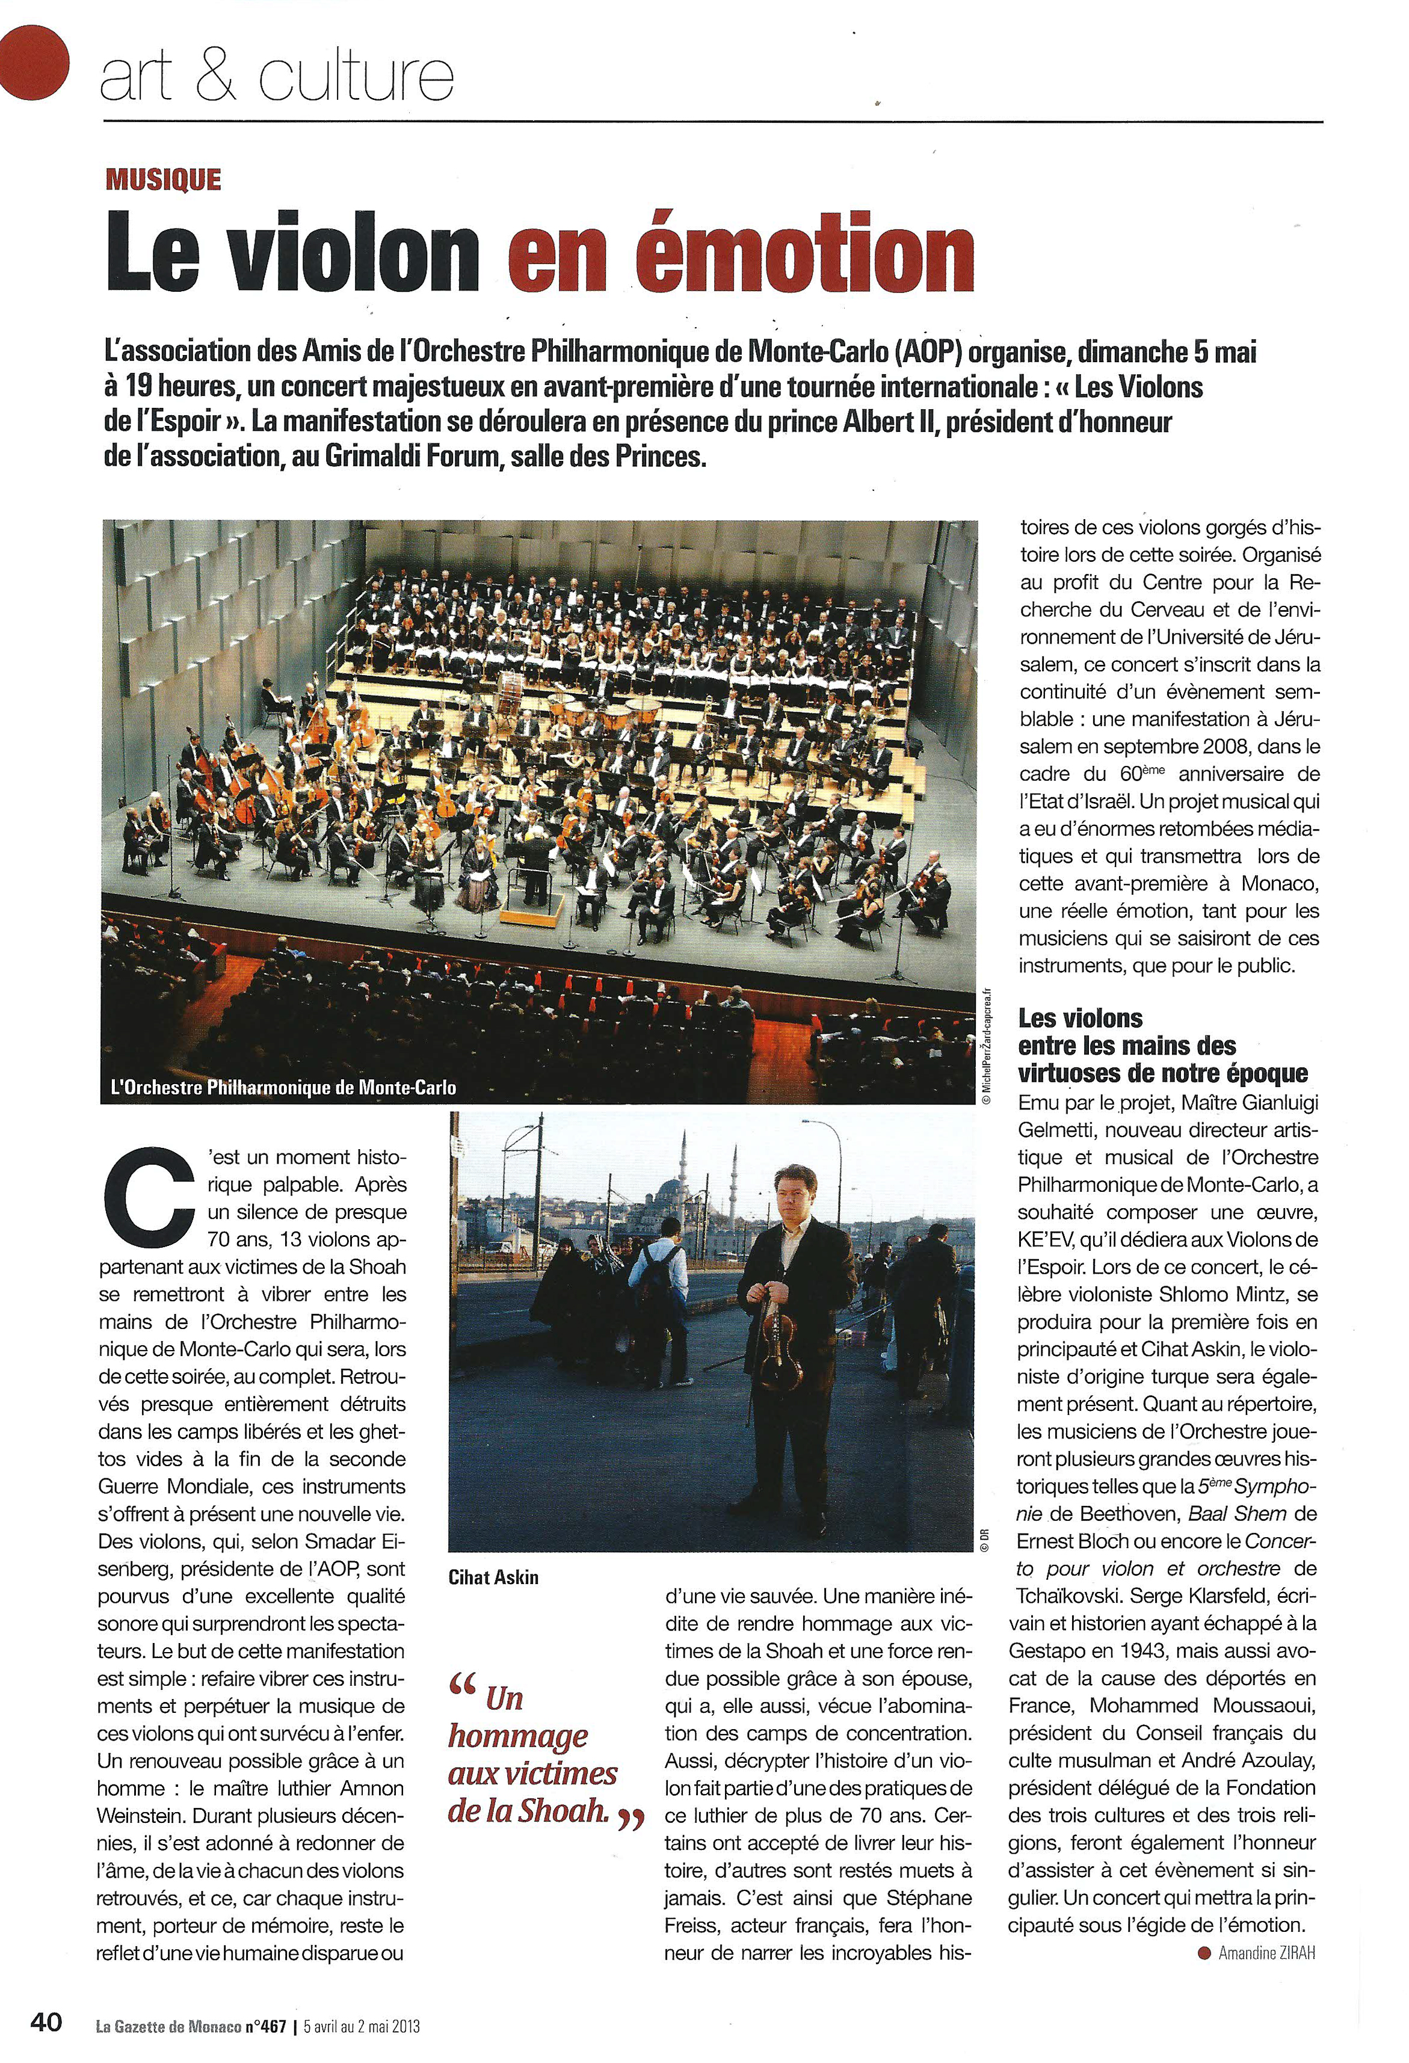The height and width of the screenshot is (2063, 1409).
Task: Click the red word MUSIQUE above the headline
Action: [162, 180]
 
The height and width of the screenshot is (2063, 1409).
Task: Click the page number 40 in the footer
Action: [46, 2021]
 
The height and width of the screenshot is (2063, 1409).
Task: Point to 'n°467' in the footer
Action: [265, 2023]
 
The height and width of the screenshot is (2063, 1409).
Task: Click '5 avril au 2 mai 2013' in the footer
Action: [362, 2023]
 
